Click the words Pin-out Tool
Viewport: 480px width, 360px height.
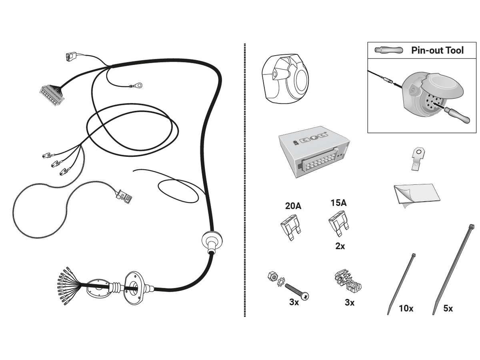tap(437, 50)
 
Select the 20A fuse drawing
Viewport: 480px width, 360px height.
tap(291, 228)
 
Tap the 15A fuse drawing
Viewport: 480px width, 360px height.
tap(338, 224)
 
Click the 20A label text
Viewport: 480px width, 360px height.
tap(293, 206)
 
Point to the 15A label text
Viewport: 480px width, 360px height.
tap(338, 203)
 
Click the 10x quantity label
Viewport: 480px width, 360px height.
tap(406, 308)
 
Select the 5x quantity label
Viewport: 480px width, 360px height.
tap(448, 308)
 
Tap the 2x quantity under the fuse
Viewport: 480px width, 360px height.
tap(340, 246)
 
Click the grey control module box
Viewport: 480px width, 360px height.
tap(314, 152)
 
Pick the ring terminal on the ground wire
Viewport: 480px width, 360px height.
tap(137, 85)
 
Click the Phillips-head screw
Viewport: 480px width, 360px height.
tap(297, 291)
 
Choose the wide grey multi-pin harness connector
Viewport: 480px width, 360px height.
tap(52, 96)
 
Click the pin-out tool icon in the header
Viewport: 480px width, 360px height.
tap(388, 50)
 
